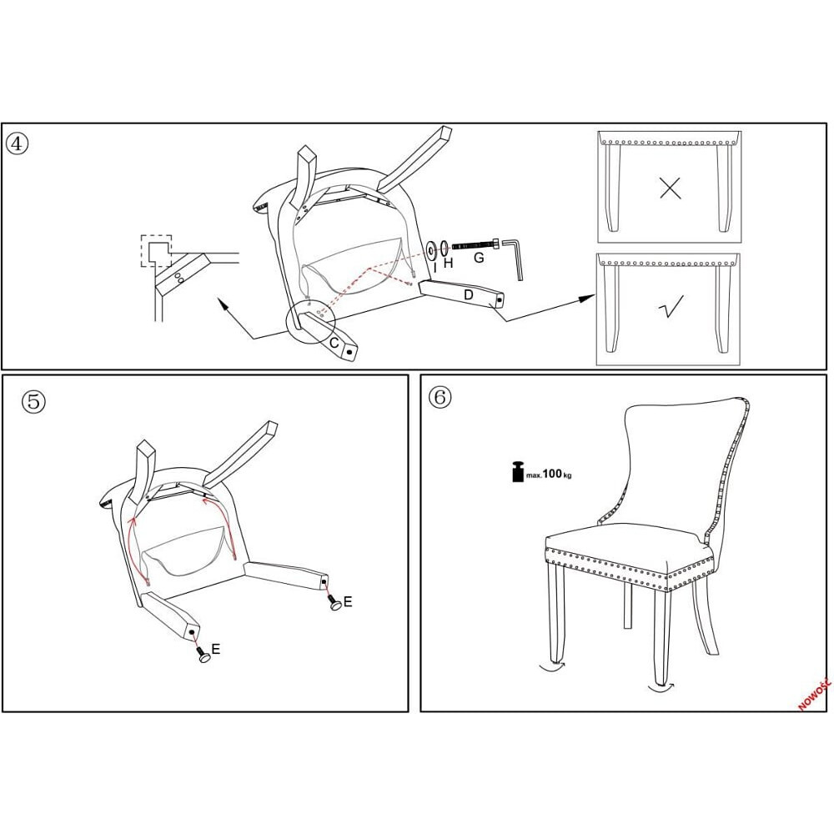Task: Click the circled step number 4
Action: tap(17, 143)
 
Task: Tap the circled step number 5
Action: tap(33, 402)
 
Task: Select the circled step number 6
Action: tap(440, 397)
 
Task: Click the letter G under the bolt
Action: tap(479, 258)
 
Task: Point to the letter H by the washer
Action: tap(449, 263)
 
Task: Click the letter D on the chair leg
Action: tap(469, 294)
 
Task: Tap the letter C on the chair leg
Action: tap(334, 343)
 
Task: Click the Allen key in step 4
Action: tap(515, 259)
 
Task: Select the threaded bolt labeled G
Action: tap(476, 245)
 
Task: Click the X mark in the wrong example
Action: tap(670, 188)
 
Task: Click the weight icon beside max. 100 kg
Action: tap(518, 471)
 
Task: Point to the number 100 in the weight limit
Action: tap(552, 473)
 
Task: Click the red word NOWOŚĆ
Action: tap(815, 693)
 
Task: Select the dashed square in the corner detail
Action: tap(156, 250)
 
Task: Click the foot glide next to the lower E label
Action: tap(205, 657)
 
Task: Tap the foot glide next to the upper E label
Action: tap(336, 603)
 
